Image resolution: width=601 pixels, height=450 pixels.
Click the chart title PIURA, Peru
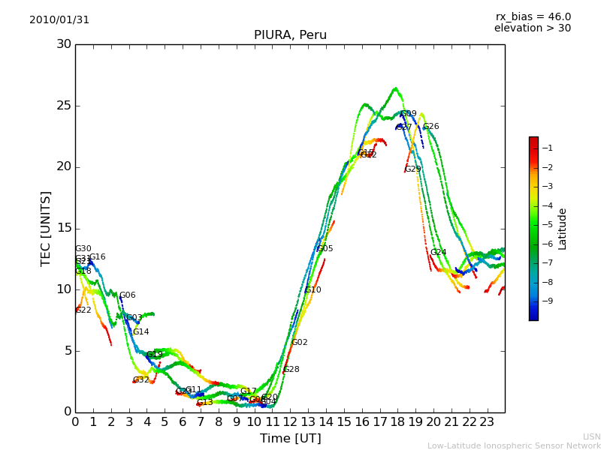pos(290,35)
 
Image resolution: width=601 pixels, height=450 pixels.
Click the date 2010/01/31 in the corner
pos(59,20)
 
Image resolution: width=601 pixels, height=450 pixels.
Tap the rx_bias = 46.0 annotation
pos(533,16)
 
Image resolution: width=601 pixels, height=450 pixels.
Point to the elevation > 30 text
pos(532,28)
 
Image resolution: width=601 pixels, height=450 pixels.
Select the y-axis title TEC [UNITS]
pos(46,228)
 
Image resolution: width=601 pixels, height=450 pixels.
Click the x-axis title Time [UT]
pos(290,438)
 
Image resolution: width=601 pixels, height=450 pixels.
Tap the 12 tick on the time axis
pos(290,421)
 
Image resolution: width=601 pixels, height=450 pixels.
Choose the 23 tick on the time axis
pos(487,421)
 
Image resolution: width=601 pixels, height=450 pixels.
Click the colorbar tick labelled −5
pos(548,224)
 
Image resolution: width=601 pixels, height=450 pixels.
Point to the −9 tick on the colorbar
pos(548,301)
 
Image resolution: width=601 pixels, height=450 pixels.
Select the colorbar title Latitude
pos(563,229)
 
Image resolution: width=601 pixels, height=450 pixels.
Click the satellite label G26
pos(431,127)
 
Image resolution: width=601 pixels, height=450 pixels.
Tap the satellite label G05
pos(325,249)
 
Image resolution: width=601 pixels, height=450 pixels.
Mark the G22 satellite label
pos(83,310)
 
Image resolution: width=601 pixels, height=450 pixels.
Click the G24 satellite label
pos(439,253)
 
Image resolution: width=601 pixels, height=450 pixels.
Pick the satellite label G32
pos(141,380)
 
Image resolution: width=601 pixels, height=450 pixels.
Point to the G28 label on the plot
pos(291,370)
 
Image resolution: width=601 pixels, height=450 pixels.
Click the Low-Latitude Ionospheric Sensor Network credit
pos(514,445)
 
